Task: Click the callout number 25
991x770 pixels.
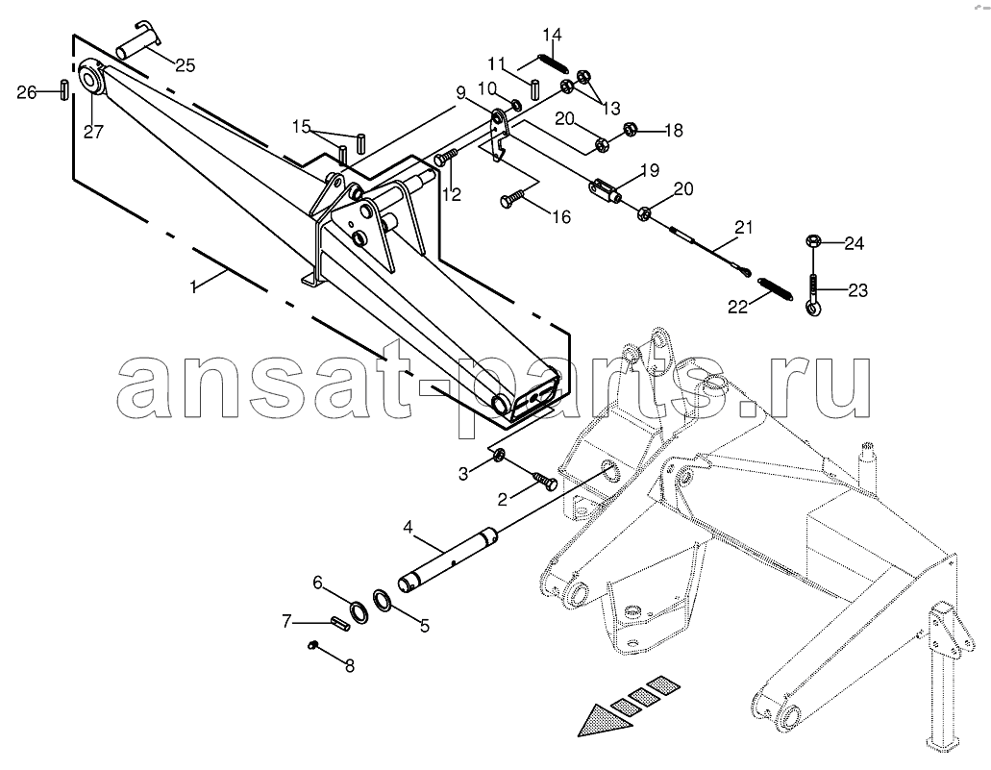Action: tap(186, 65)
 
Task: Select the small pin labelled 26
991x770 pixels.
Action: tap(64, 89)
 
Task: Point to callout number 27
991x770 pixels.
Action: tap(93, 132)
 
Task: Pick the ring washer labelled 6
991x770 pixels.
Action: tap(359, 609)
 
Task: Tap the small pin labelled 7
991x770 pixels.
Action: tap(340, 623)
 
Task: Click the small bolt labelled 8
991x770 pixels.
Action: tap(312, 644)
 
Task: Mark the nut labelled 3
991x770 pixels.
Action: tap(497, 454)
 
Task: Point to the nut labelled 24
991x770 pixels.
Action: tap(814, 241)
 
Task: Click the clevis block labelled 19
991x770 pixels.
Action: tap(606, 189)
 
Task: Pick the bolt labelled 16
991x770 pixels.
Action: tap(515, 198)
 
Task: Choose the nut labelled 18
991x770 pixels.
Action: tap(630, 130)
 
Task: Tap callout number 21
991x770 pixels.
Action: tap(744, 227)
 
